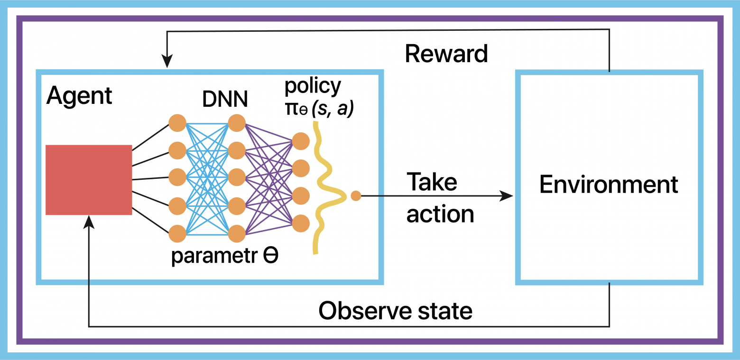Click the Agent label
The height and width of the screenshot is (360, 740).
79,96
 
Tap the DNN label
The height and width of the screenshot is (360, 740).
224,99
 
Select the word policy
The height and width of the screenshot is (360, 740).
313,87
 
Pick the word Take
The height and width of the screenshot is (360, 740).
432,183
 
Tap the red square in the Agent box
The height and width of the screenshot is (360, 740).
89,180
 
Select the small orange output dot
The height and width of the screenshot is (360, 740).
356,195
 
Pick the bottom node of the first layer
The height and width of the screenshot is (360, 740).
177,234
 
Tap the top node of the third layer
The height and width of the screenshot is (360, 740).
301,141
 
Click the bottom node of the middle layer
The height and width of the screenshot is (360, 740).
236,234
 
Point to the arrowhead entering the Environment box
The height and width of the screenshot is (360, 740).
508,195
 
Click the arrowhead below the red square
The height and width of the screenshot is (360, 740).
89,221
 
